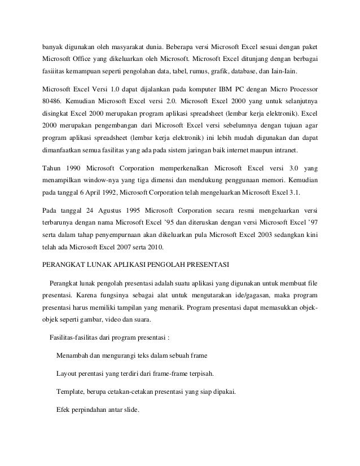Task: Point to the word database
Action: click(268, 73)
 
